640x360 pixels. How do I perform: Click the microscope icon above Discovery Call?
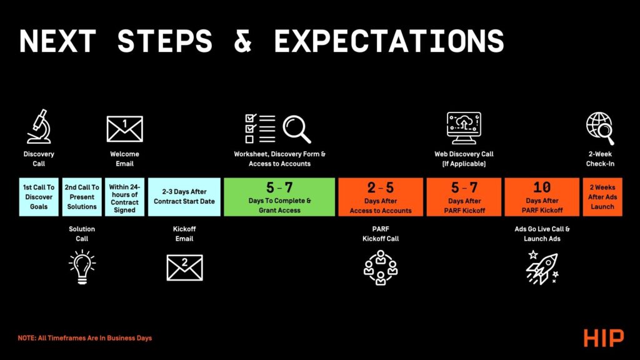[x=39, y=127]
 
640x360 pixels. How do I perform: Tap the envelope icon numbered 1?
[x=124, y=129]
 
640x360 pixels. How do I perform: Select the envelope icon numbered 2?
[x=184, y=267]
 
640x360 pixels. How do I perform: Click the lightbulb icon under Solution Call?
[x=82, y=267]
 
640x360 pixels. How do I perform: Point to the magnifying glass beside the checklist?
[x=297, y=129]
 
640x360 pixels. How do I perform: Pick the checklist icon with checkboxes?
[x=260, y=129]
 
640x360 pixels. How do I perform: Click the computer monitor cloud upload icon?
[x=464, y=128]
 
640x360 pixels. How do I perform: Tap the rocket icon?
[x=542, y=267]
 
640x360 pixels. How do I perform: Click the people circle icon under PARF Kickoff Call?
[x=381, y=267]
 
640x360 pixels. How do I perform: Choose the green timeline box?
[x=279, y=197]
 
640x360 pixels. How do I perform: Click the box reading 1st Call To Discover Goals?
[x=39, y=197]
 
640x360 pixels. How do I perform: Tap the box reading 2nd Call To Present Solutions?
[x=82, y=197]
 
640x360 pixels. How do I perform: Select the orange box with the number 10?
[x=542, y=197]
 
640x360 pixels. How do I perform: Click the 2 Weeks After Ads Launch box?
[x=602, y=197]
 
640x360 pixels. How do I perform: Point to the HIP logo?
[x=604, y=338]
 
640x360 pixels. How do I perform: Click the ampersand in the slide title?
[x=243, y=41]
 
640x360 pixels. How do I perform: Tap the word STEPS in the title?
[x=165, y=41]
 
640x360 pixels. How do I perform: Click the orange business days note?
[x=85, y=338]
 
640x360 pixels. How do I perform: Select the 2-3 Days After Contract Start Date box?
[x=184, y=197]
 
